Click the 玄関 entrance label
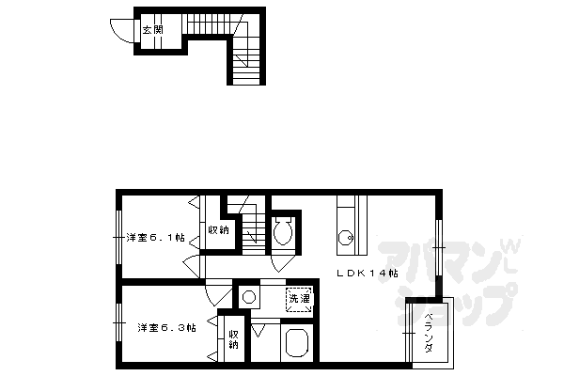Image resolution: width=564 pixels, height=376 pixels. tap(151, 30)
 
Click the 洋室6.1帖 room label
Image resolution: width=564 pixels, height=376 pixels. tap(155, 238)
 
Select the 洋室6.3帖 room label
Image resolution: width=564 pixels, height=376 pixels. tap(166, 328)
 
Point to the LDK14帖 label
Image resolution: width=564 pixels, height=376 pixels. tap(368, 274)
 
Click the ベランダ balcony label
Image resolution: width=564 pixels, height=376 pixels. tap(428, 331)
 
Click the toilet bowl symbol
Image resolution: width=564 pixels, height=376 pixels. tap(283, 231)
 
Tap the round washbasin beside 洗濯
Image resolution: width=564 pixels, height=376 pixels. tap(249, 297)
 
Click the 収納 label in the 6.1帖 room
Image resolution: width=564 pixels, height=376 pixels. tap(217, 229)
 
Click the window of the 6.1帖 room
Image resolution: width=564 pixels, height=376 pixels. tap(118, 236)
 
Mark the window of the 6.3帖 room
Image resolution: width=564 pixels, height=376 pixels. tap(118, 326)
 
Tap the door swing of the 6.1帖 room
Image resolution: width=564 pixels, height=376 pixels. tap(192, 267)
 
